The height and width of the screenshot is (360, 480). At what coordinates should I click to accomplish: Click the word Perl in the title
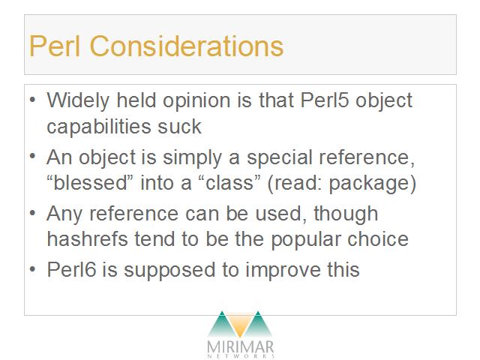point(55,46)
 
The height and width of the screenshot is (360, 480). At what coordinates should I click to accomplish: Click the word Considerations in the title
point(187,46)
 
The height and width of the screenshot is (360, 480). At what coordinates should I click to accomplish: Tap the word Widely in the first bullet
point(78,101)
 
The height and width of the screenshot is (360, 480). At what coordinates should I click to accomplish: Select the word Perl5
point(325,100)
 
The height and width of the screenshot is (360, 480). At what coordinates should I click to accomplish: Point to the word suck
point(180,127)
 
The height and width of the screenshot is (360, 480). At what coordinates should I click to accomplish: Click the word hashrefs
point(87,238)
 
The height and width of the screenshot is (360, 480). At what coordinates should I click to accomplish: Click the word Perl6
point(72,270)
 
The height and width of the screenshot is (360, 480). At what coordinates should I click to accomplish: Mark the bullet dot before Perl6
point(33,270)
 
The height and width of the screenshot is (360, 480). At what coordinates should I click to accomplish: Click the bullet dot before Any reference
point(33,213)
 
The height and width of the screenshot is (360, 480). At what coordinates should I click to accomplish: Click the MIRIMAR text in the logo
point(240,347)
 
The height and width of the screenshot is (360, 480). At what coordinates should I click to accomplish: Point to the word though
point(346,214)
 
